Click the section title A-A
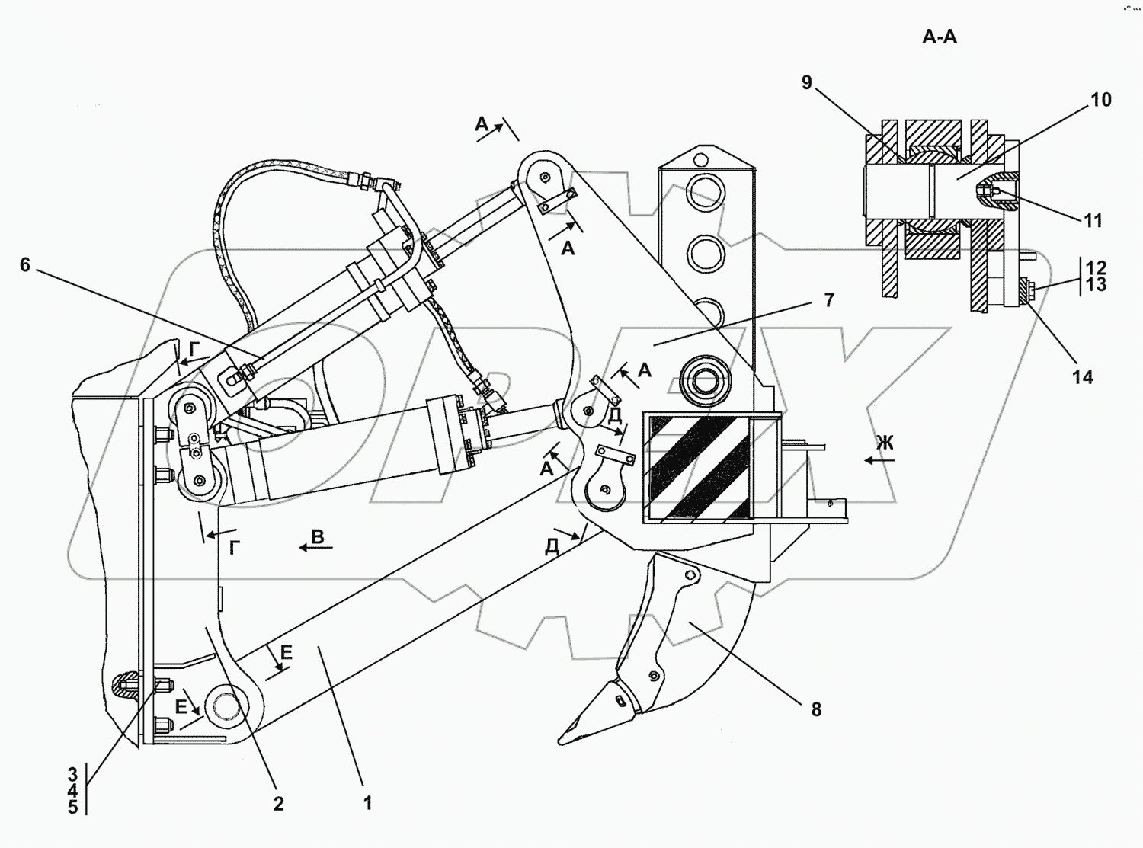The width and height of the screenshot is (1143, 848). tap(940, 37)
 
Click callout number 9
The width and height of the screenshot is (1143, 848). tap(807, 82)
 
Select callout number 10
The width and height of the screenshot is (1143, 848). tap(1101, 100)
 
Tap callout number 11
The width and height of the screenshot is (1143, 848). tap(1093, 221)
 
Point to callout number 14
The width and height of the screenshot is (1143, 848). tap(1083, 377)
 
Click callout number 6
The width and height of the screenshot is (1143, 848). tap(25, 265)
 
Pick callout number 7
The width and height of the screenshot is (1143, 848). tap(829, 300)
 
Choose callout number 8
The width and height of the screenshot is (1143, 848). tap(816, 710)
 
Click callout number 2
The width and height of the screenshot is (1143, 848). tap(278, 804)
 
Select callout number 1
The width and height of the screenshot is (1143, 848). tap(367, 802)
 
